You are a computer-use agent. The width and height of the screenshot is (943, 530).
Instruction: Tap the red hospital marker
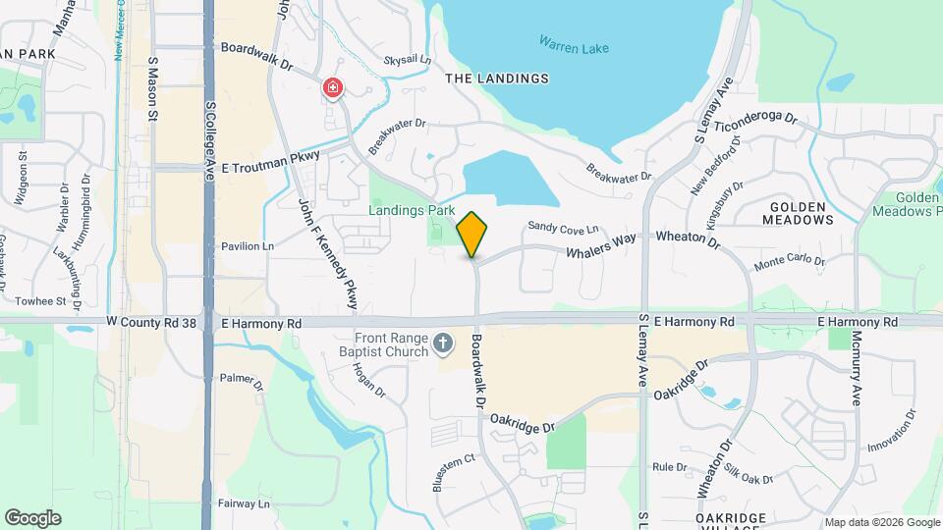tap(333, 89)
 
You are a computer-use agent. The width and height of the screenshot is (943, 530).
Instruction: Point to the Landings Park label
tap(412, 209)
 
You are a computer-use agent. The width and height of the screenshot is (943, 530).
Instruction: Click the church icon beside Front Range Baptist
tap(443, 343)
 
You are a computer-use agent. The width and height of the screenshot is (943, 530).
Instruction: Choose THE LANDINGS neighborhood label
tap(496, 79)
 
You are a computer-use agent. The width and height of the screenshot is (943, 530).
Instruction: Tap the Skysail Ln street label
tap(408, 60)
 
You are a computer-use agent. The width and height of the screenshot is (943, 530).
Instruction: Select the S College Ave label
tap(210, 136)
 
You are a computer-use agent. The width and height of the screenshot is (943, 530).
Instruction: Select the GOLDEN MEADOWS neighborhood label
tap(802, 214)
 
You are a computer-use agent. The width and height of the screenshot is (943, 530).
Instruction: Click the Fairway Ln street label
tap(245, 503)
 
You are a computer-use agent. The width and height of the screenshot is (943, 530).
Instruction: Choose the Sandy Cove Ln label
tap(563, 227)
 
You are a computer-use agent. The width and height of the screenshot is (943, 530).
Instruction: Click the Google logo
tap(32, 517)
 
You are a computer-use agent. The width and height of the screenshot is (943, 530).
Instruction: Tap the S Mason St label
tap(153, 88)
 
